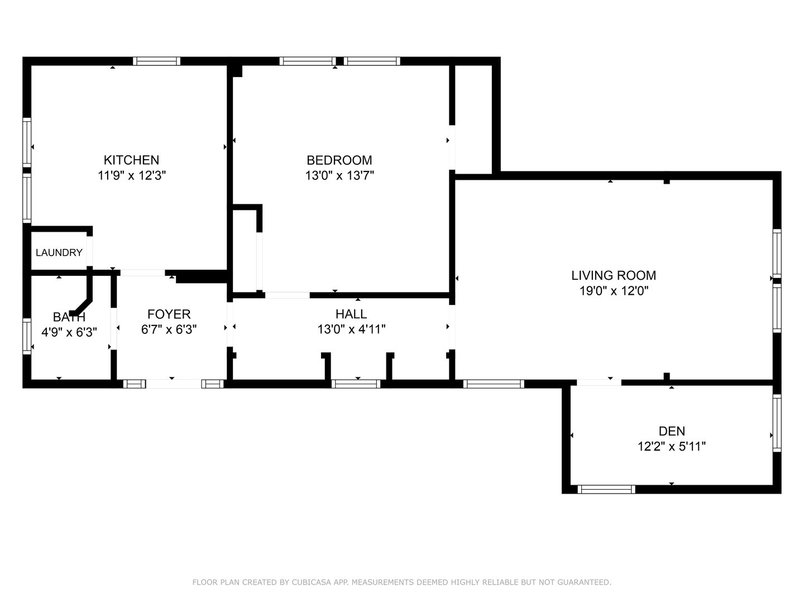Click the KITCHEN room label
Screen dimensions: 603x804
coord(132,160)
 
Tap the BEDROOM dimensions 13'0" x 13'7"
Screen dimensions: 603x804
coord(339,175)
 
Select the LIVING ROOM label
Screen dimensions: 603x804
coord(613,275)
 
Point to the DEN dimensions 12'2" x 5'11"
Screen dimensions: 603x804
coord(672,447)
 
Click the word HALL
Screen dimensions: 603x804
coord(351,314)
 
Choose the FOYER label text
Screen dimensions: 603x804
coord(169,314)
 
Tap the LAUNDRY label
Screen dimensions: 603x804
coord(59,253)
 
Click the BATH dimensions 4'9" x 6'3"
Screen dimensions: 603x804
coord(69,332)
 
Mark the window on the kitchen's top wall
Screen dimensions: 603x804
coord(156,61)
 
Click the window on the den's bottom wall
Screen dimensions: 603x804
coord(606,489)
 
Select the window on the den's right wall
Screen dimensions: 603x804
coord(776,423)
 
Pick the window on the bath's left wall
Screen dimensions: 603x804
coord(27,336)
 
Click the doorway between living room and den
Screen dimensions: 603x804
coord(599,382)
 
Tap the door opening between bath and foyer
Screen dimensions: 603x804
coord(114,329)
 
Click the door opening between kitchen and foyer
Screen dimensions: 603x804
coord(143,272)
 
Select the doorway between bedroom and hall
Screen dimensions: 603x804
coord(287,295)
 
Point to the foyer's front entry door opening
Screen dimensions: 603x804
coord(173,384)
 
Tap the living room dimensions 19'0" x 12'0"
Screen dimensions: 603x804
coord(613,291)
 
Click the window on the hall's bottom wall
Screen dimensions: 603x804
coord(356,384)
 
